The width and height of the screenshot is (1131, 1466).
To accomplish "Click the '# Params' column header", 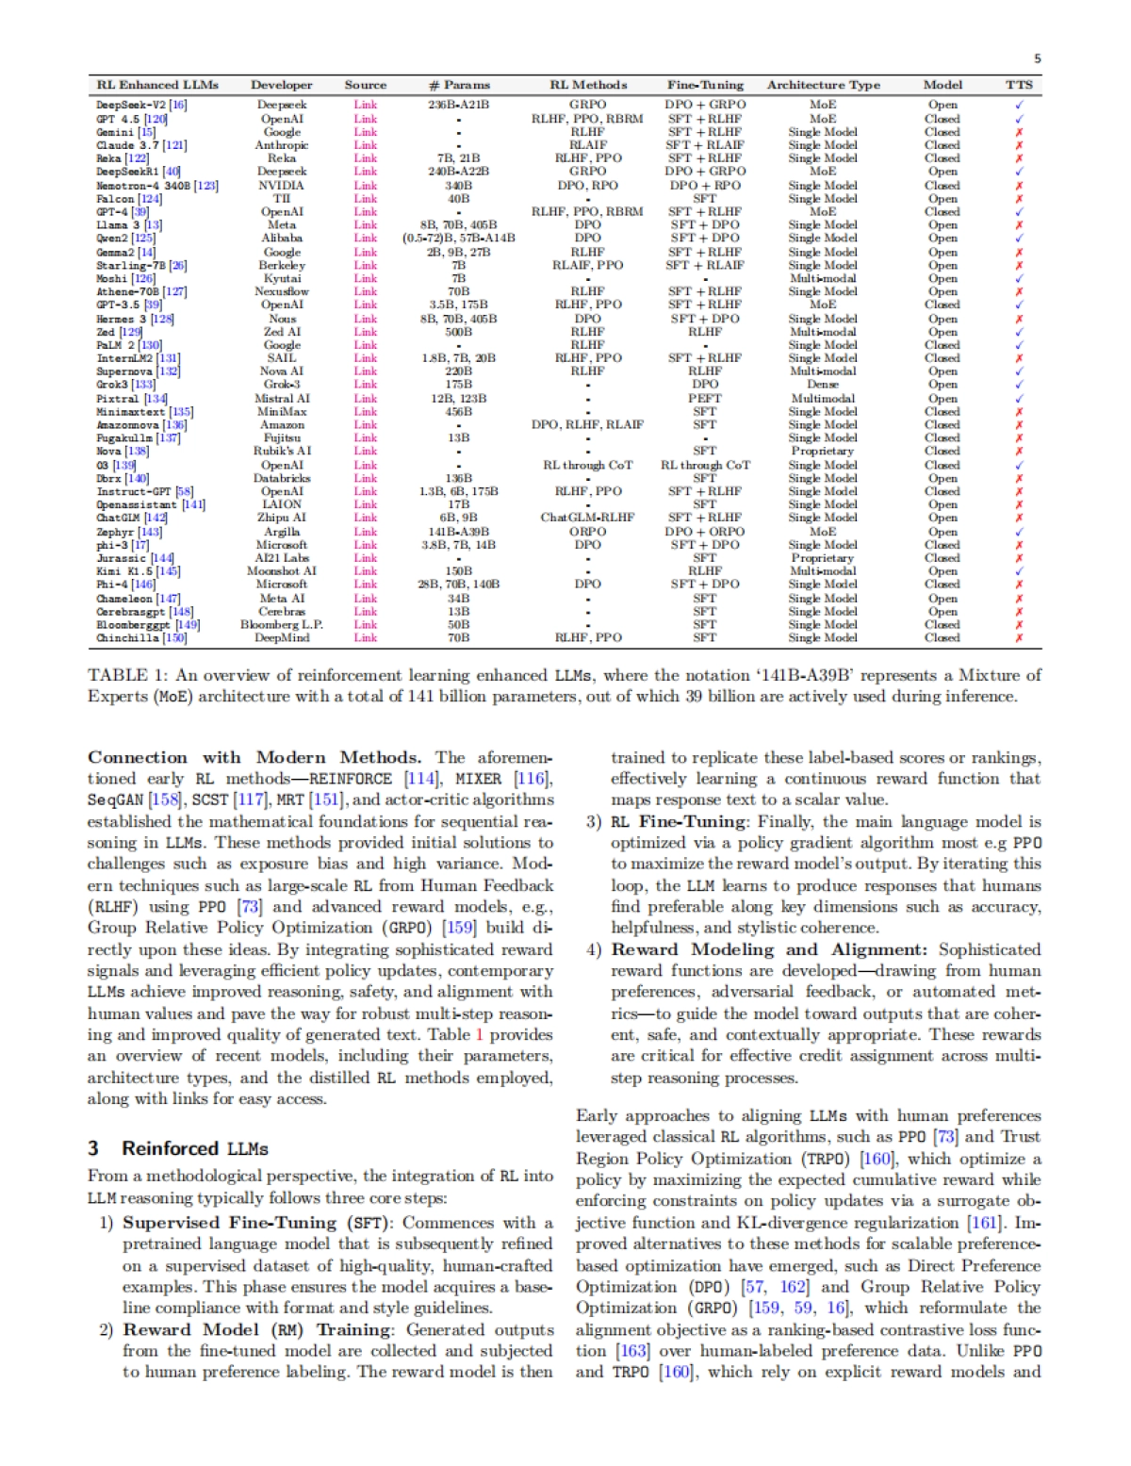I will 459,85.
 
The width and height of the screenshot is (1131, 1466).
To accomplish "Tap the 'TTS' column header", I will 1019,85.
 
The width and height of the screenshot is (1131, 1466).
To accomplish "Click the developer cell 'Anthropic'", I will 282,145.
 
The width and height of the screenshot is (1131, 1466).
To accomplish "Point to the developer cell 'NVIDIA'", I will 282,186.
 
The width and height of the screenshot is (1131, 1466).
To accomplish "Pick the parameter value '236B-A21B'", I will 459,105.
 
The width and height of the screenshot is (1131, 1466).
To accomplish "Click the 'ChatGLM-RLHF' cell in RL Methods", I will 587,518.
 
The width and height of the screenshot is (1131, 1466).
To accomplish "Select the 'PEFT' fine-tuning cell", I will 704,398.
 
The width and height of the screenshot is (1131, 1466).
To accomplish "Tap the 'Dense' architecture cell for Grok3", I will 822,385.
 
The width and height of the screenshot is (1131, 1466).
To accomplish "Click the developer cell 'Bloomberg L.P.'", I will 282,624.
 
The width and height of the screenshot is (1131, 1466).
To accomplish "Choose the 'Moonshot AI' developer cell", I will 282,571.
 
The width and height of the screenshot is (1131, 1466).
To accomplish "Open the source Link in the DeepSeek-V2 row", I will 366,105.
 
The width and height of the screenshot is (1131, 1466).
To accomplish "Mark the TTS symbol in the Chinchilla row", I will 1019,638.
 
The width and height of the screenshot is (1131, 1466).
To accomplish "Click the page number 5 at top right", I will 1037,58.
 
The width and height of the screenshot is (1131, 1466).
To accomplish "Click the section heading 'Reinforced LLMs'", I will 194,1148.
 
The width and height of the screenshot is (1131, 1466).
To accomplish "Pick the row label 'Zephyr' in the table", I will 117,532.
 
